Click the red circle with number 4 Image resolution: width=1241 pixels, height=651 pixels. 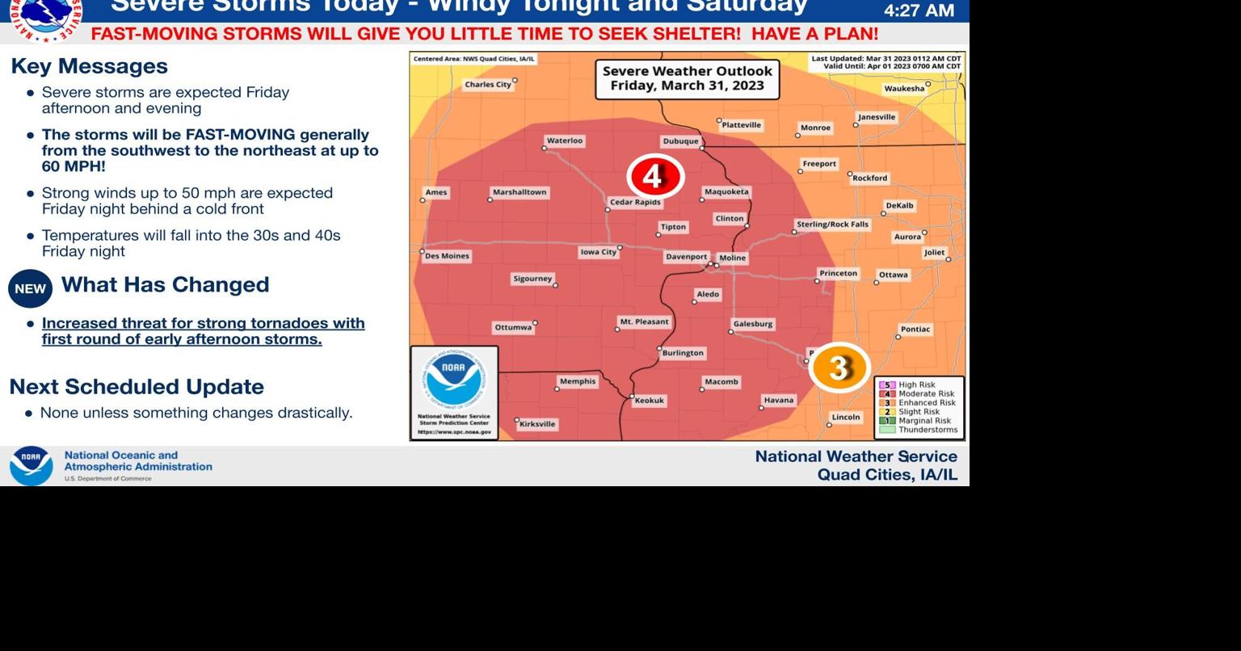pyautogui.click(x=655, y=176)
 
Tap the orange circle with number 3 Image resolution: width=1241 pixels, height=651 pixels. pyautogui.click(x=839, y=367)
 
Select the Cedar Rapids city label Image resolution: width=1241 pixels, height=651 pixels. pyautogui.click(x=635, y=202)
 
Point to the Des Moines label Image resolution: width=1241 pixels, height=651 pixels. pyautogui.click(x=447, y=256)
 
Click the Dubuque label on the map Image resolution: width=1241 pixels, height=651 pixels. pyautogui.click(x=680, y=141)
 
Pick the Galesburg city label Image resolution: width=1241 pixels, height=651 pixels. pyautogui.click(x=753, y=324)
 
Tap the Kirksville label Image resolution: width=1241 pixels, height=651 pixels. pyautogui.click(x=537, y=424)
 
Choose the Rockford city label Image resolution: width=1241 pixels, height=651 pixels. pyautogui.click(x=870, y=178)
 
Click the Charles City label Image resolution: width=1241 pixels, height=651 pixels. pyautogui.click(x=488, y=84)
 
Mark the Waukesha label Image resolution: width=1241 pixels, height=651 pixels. pyautogui.click(x=904, y=89)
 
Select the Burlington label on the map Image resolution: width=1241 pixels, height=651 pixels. pyautogui.click(x=683, y=353)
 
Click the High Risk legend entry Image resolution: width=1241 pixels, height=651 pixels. pyautogui.click(x=916, y=385)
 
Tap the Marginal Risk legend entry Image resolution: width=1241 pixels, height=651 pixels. pyautogui.click(x=923, y=421)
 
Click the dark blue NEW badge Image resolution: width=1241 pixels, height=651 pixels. pyautogui.click(x=30, y=288)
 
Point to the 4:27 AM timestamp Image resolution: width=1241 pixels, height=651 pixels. pyautogui.click(x=919, y=10)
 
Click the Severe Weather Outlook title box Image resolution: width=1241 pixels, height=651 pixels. pyautogui.click(x=688, y=78)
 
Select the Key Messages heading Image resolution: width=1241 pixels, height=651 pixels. pyautogui.click(x=90, y=66)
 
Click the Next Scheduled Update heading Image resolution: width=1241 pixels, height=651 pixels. pyautogui.click(x=137, y=387)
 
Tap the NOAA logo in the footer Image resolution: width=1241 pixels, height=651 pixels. pyautogui.click(x=31, y=466)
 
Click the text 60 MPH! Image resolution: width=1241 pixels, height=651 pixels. pyautogui.click(x=74, y=166)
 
